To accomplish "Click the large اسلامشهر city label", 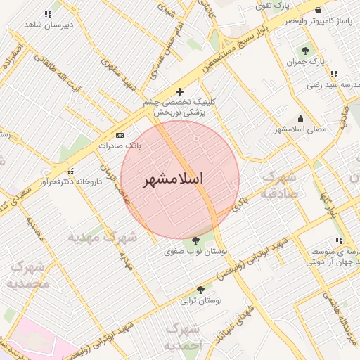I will pos(173,179).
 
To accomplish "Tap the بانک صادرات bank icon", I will pos(120,135).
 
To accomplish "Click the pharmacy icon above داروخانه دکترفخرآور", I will pos(70,171).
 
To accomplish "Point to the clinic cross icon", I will pos(179,91).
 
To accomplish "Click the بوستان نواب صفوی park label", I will pos(195,250).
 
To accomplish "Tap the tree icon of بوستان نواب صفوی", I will pos(195,240).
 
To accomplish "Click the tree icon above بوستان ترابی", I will pos(201,290).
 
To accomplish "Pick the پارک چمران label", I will pos(303,62).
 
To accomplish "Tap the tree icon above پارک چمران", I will pos(305,51).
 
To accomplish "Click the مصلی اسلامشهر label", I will pos(300,129).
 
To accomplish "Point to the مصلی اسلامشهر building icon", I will pos(301,118).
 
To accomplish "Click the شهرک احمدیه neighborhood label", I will pos(186,337).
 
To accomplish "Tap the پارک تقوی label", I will pos(272,6).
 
